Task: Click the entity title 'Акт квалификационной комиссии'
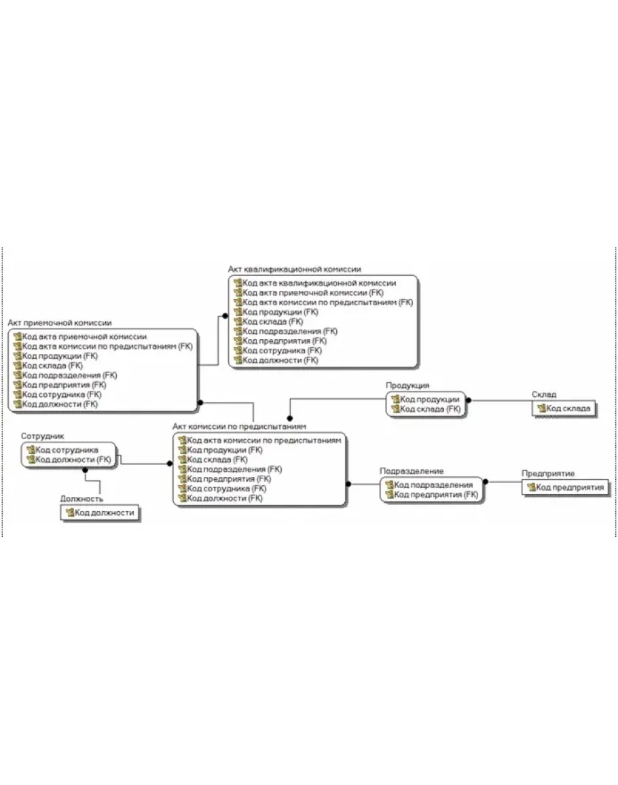(294, 269)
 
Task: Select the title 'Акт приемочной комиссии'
(60, 323)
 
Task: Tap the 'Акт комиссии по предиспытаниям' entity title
(239, 427)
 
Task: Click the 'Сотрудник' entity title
(43, 436)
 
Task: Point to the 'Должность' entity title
(81, 499)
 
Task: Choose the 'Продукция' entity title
(407, 385)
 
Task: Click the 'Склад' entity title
(544, 394)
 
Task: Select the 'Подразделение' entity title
(412, 471)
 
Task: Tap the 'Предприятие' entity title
(548, 474)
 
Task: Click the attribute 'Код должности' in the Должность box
(105, 512)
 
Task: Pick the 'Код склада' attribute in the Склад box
(568, 408)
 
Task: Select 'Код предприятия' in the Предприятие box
(570, 487)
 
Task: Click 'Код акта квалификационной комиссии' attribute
(319, 283)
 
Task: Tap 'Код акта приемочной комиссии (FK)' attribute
(313, 292)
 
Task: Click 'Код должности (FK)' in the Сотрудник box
(73, 459)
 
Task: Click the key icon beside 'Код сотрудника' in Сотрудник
(31, 449)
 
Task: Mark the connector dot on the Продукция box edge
(469, 400)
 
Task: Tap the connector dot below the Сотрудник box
(85, 470)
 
